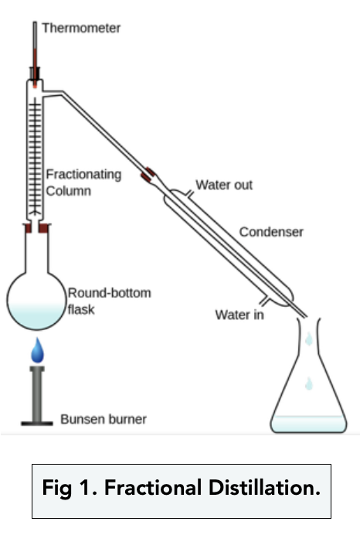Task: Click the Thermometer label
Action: pyautogui.click(x=81, y=28)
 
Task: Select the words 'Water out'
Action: pyautogui.click(x=224, y=185)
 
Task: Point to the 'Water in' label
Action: pyautogui.click(x=239, y=315)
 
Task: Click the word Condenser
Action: pyautogui.click(x=271, y=232)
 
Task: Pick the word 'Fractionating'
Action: pyautogui.click(x=83, y=175)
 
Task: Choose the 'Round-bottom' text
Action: pyautogui.click(x=110, y=293)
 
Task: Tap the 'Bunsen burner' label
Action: pyautogui.click(x=104, y=419)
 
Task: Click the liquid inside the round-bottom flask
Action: pyautogui.click(x=36, y=315)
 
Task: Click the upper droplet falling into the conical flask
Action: pyautogui.click(x=309, y=339)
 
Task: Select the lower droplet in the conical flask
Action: pyautogui.click(x=309, y=383)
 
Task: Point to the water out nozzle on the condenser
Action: pyautogui.click(x=189, y=195)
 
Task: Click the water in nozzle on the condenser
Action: pyautogui.click(x=264, y=301)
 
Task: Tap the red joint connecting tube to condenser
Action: pyautogui.click(x=148, y=175)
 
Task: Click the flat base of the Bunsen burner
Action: pyautogui.click(x=37, y=424)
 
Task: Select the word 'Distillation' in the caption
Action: pyautogui.click(x=264, y=487)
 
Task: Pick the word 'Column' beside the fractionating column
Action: pyautogui.click(x=69, y=191)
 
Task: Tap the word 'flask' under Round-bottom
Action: pyautogui.click(x=81, y=309)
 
